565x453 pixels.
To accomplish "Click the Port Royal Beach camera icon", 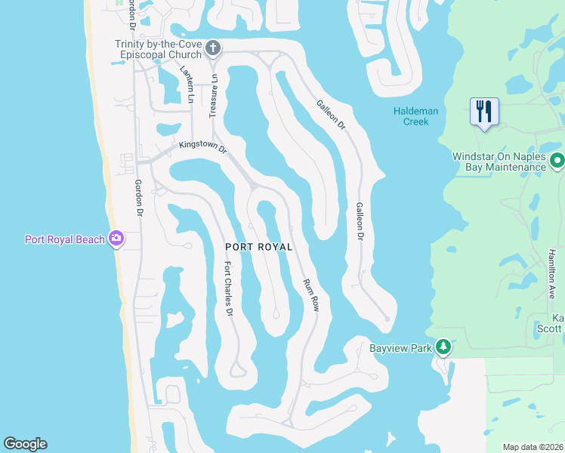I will point(116,239).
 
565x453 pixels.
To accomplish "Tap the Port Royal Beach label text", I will point(65,240).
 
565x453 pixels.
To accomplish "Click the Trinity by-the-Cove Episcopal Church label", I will point(159,49).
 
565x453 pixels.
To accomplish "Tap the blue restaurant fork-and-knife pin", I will point(483,111).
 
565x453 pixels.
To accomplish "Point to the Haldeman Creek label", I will point(415,116).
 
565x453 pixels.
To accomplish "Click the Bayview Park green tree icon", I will point(443,347).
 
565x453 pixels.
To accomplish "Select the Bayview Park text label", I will point(400,348).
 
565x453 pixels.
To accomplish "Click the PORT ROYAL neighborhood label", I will point(259,247).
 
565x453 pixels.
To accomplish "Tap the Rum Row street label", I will point(312,294).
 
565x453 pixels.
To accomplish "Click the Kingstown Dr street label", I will point(202,147).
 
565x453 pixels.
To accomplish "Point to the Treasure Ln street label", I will point(214,95).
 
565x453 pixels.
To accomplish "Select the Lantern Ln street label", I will point(187,83).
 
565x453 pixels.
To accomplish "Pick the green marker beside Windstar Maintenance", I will point(557,161).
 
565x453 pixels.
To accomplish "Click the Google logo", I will point(25,444).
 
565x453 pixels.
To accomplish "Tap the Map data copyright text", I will point(533,447).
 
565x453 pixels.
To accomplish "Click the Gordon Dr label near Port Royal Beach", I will point(139,198).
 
